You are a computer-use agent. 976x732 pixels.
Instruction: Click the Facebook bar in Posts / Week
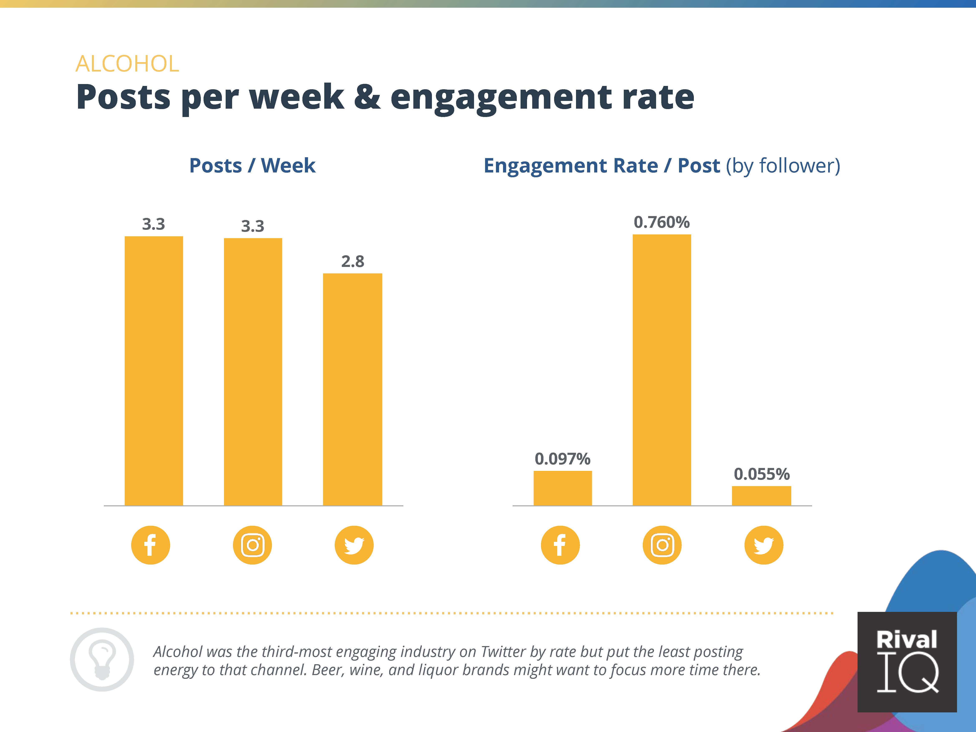(x=153, y=371)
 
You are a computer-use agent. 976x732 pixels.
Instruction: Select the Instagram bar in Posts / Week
(x=253, y=371)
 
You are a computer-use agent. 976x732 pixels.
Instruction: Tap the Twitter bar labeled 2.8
(x=352, y=389)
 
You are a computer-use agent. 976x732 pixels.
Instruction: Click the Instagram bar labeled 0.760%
(x=661, y=370)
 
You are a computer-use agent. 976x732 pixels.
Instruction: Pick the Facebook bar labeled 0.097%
(x=563, y=488)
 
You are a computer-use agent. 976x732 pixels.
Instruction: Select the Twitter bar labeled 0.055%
(x=761, y=496)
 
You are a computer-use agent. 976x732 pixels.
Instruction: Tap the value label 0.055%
(x=761, y=474)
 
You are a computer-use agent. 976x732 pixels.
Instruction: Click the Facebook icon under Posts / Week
(x=150, y=545)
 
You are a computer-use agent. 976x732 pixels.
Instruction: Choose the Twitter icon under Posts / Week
(x=354, y=545)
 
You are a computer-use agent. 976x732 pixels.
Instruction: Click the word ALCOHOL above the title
(x=127, y=64)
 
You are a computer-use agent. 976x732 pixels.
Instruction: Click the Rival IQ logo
(x=907, y=661)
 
